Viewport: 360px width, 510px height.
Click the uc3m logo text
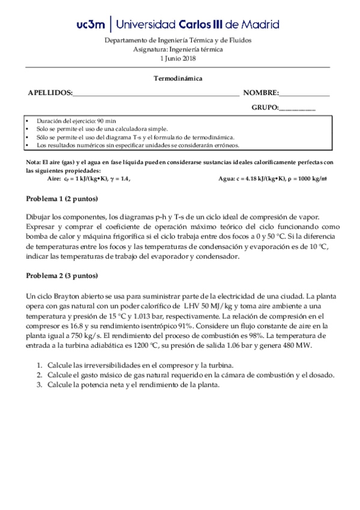(91, 25)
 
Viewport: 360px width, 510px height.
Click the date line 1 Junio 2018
(178, 58)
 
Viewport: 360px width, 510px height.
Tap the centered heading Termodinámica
(178, 78)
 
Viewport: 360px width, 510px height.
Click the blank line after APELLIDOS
(156, 94)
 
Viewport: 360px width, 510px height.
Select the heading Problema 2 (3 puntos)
(62, 276)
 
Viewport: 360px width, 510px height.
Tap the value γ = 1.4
(116, 179)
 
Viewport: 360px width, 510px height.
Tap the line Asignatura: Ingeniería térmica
(178, 49)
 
